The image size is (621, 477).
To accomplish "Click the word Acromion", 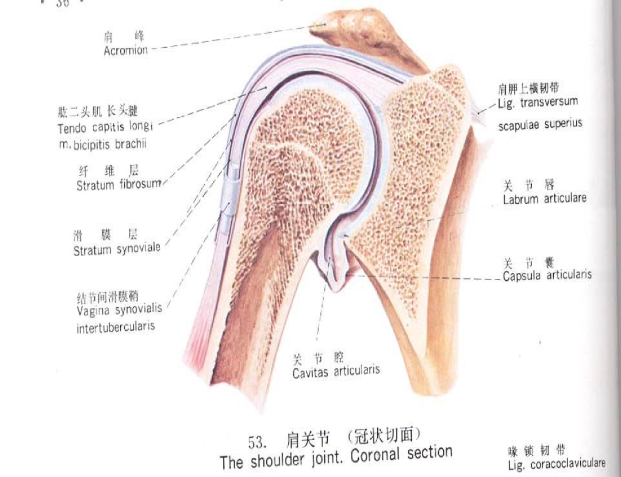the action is [x=125, y=51].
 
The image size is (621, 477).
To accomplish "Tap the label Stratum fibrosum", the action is [x=118, y=186].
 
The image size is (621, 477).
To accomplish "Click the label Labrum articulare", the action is [x=545, y=199].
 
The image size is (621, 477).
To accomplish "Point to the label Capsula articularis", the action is [x=547, y=276].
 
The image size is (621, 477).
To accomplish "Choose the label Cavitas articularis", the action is [x=336, y=372].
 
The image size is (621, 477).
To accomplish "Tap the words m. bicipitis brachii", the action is [x=103, y=144].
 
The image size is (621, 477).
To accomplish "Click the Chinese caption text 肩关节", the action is [x=308, y=440].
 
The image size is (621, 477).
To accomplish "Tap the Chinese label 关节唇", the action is [x=528, y=185].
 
